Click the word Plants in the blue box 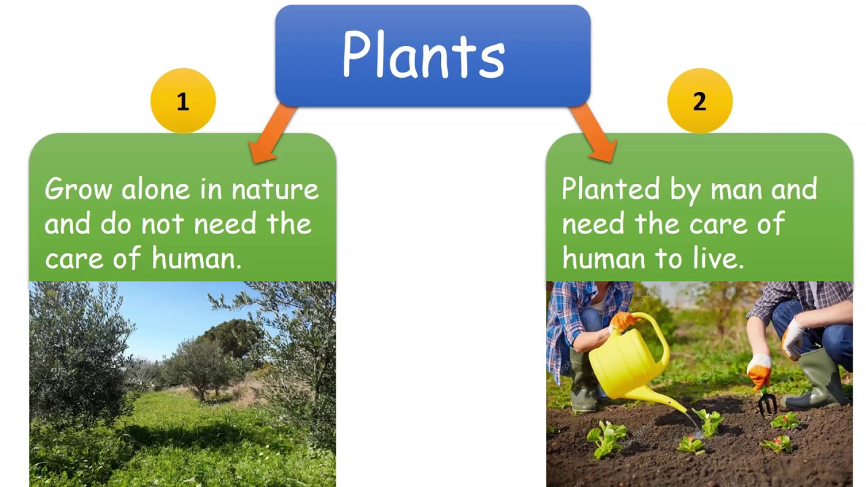pos(424,55)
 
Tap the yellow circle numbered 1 pos(183,101)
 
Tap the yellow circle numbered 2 pos(700,101)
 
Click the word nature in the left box pos(275,190)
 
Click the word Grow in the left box pos(79,189)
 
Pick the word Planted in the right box pos(611,189)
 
